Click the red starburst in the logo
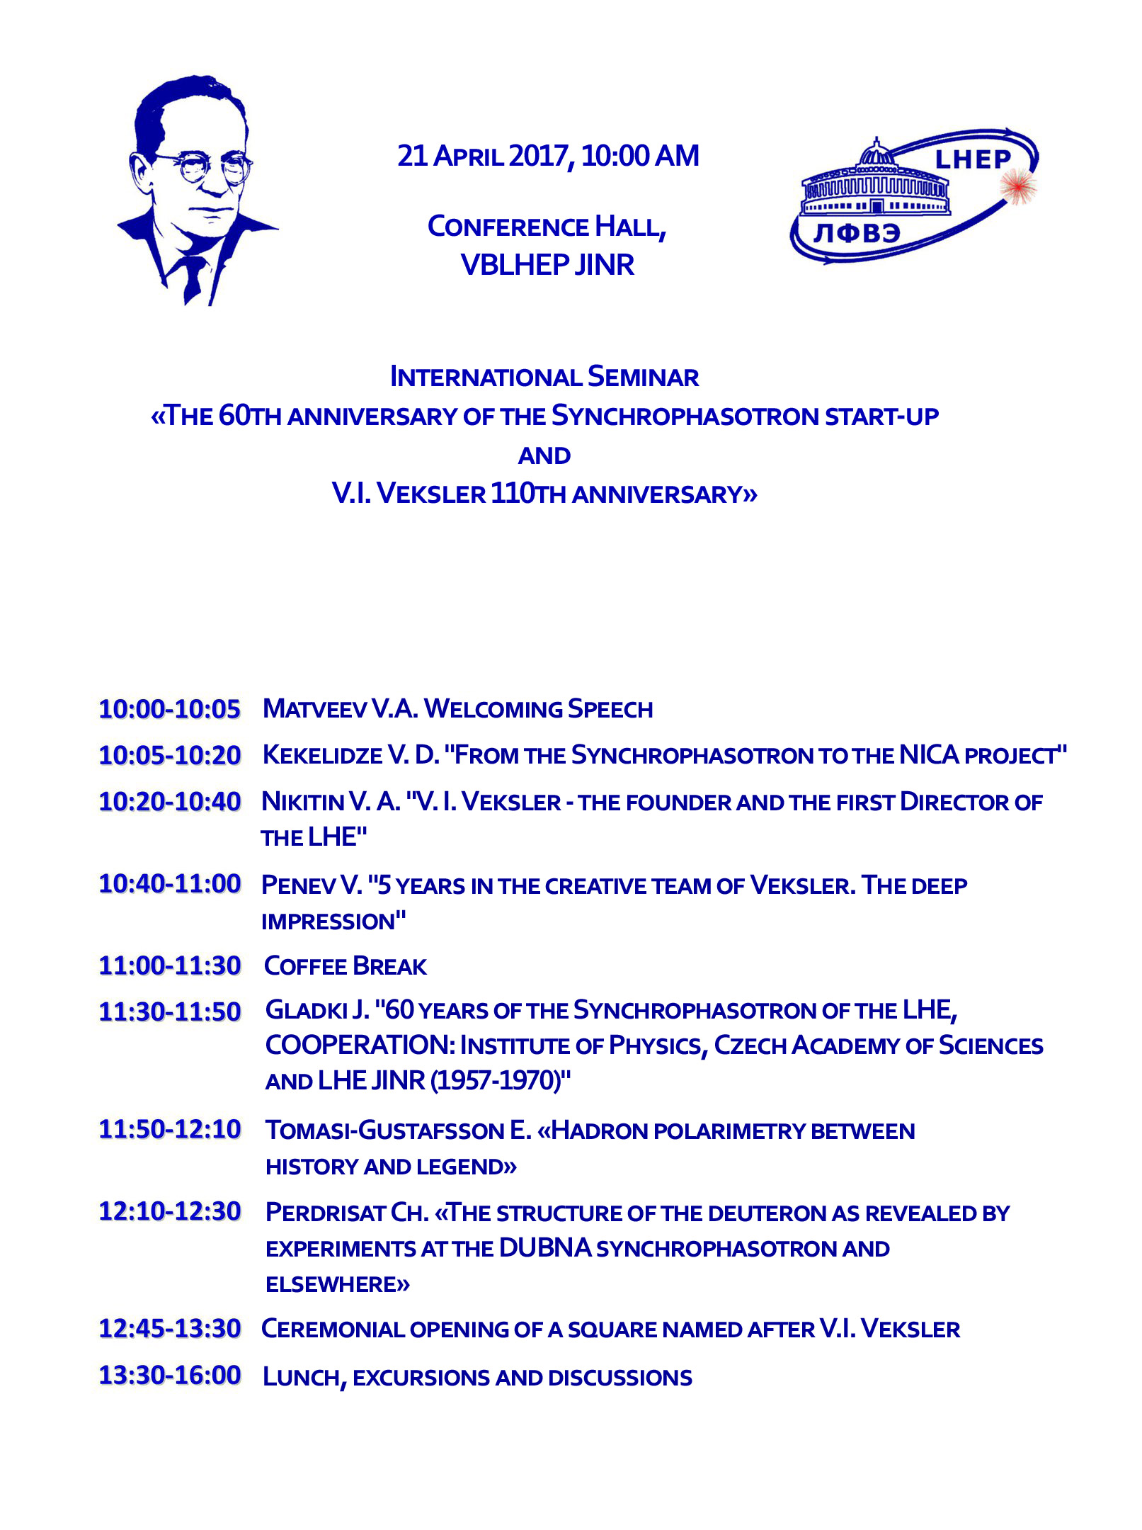(x=1018, y=186)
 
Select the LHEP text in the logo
(x=973, y=160)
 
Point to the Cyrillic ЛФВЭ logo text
(x=857, y=232)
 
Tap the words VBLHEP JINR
(x=547, y=265)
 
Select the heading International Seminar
(x=544, y=377)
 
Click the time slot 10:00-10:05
(x=170, y=709)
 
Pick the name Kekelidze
(x=321, y=755)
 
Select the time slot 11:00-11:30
(x=170, y=965)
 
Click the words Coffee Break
(x=345, y=966)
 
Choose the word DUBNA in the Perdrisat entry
(x=544, y=1248)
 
